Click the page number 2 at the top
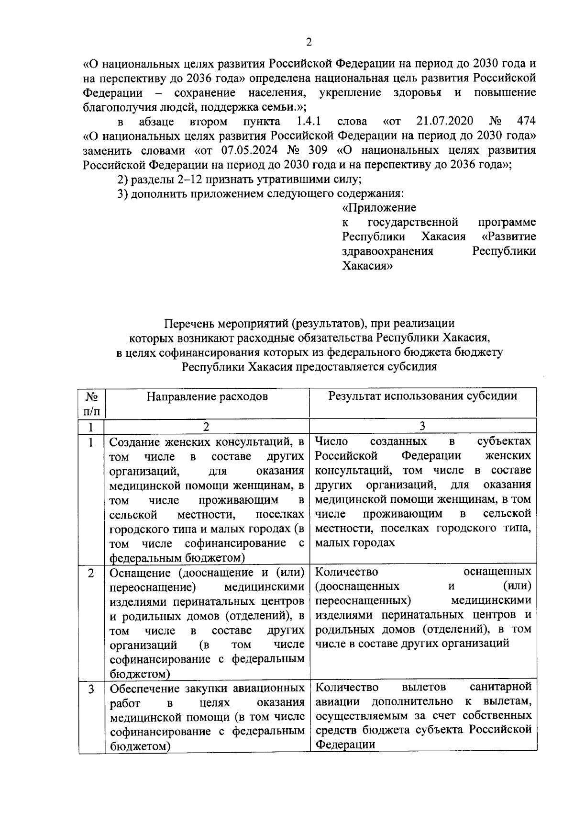[309, 43]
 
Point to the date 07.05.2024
[249, 150]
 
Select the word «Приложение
[379, 208]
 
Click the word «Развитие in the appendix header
[509, 237]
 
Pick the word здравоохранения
[387, 251]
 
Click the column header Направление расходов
[207, 396]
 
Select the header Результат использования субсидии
[422, 396]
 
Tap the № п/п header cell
[92, 403]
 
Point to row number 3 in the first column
[91, 689]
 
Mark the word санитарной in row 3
[500, 687]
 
